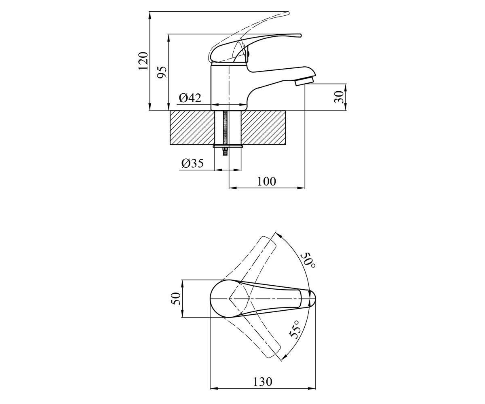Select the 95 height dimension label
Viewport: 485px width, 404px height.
pos(162,72)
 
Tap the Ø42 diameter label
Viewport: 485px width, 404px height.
pos(190,98)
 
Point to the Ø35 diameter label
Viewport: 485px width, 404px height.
pos(192,164)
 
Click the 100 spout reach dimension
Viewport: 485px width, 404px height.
pos(267,181)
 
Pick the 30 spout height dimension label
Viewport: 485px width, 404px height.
pos(339,97)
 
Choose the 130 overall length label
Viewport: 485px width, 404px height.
pos(262,381)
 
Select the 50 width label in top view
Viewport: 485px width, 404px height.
pos(175,299)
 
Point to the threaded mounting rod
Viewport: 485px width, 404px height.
pos(225,133)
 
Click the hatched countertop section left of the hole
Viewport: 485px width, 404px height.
pos(192,128)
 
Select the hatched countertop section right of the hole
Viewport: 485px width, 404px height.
pos(263,128)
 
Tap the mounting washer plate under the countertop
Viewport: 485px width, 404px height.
pos(228,146)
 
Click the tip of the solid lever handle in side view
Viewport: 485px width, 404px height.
pos(301,36)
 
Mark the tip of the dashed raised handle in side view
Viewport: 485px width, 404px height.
pos(289,13)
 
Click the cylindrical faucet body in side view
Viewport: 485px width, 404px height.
pos(229,88)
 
